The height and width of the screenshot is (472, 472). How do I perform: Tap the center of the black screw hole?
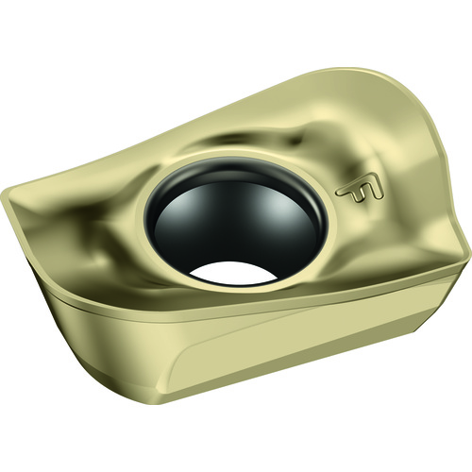235,224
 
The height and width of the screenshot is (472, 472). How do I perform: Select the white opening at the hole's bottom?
233,273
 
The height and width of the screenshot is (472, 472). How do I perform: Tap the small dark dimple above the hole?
295,142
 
